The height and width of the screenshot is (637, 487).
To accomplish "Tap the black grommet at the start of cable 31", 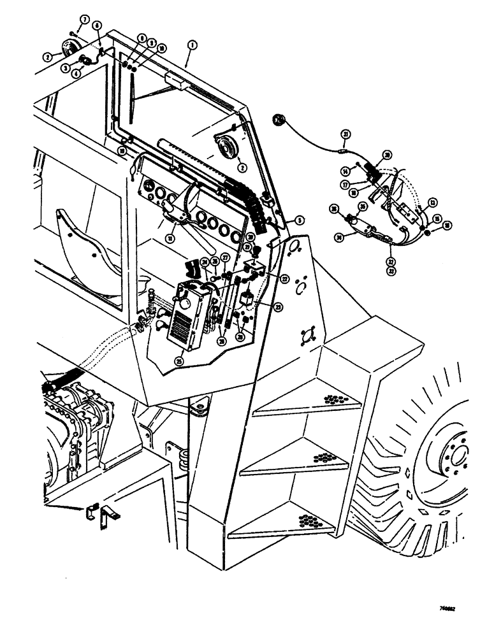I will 279,119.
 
